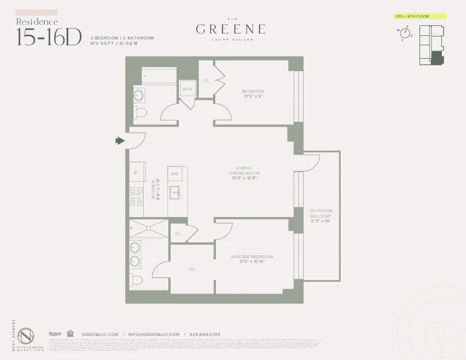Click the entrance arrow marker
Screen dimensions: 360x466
(121, 141)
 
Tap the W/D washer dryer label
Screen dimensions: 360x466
(187, 89)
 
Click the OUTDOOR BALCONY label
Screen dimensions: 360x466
(321, 216)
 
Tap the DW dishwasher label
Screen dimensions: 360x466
(174, 174)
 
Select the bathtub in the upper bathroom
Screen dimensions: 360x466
(159, 75)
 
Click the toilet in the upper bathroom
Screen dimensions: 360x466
(141, 112)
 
